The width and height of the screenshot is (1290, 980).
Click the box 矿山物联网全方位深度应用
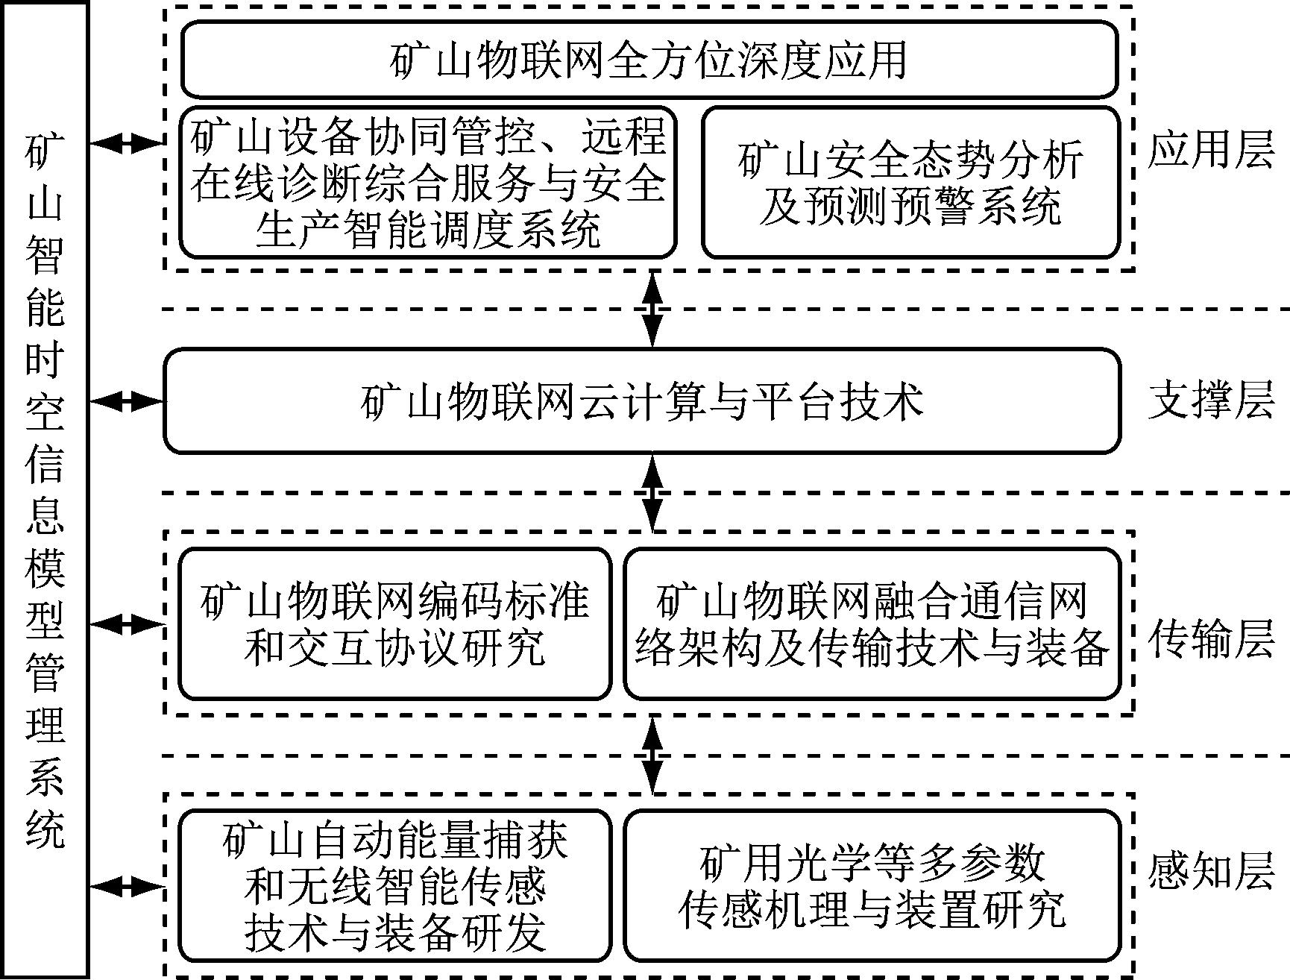pos(649,59)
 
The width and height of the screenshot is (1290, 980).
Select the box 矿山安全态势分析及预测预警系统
pos(910,183)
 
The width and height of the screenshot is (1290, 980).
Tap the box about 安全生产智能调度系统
pos(428,183)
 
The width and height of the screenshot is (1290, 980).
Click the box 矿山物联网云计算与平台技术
pos(642,401)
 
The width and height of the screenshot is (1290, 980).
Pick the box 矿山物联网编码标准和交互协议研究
pos(395,624)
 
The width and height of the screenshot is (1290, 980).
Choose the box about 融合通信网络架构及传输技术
pos(872,624)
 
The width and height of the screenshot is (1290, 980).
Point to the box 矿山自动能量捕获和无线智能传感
pos(395,885)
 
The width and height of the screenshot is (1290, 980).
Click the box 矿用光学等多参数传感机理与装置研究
pos(872,885)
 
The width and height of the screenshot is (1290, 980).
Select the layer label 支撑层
pos(1209,401)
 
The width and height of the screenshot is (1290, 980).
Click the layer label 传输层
pos(1209,639)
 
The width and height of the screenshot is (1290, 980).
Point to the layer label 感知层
pos(1209,871)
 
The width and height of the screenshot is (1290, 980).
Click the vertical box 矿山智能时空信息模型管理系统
pos(45,490)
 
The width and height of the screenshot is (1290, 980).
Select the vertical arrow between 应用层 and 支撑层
pos(653,310)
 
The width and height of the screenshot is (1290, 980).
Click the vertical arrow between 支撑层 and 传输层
pos(653,493)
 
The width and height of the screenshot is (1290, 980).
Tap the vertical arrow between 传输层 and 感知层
pos(653,755)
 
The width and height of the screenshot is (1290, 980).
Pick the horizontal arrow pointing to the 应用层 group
pos(127,143)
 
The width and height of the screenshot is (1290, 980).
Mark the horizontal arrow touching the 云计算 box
pos(127,402)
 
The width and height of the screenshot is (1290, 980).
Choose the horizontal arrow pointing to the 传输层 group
pos(127,624)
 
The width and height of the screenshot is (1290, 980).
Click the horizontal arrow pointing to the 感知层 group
pos(127,886)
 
